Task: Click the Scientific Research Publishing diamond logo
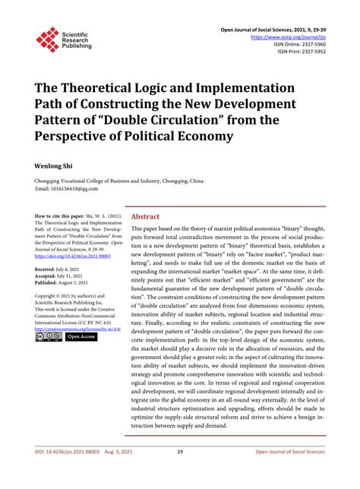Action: point(48,39)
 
